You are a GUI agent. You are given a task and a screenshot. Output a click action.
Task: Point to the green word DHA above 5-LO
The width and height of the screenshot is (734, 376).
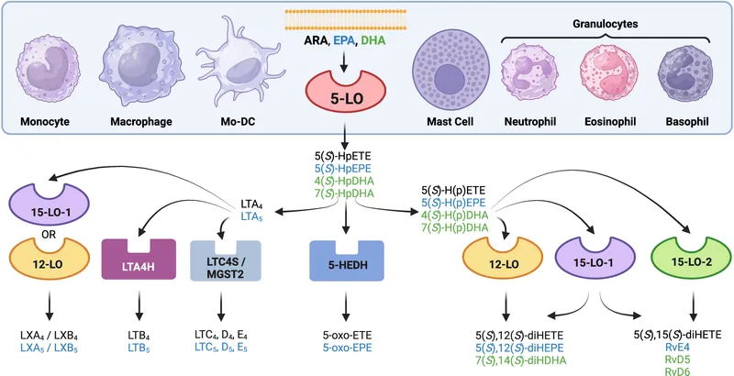[372, 40]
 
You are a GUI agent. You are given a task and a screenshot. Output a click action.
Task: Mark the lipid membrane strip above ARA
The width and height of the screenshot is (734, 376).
[341, 19]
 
